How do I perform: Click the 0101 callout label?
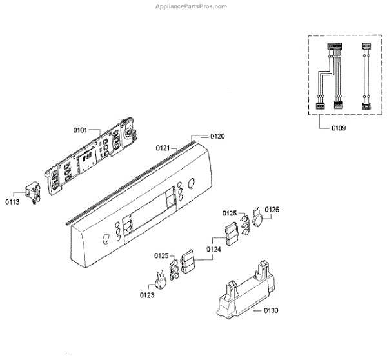[x=81, y=130]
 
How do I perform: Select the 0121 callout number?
[x=163, y=148]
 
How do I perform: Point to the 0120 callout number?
[x=217, y=137]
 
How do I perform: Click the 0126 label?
[x=272, y=210]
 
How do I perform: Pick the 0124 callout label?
[x=213, y=249]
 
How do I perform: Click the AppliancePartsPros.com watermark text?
[x=192, y=6]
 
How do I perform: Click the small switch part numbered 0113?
[x=31, y=190]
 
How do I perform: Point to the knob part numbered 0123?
[x=159, y=279]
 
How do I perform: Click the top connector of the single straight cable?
[x=366, y=47]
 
